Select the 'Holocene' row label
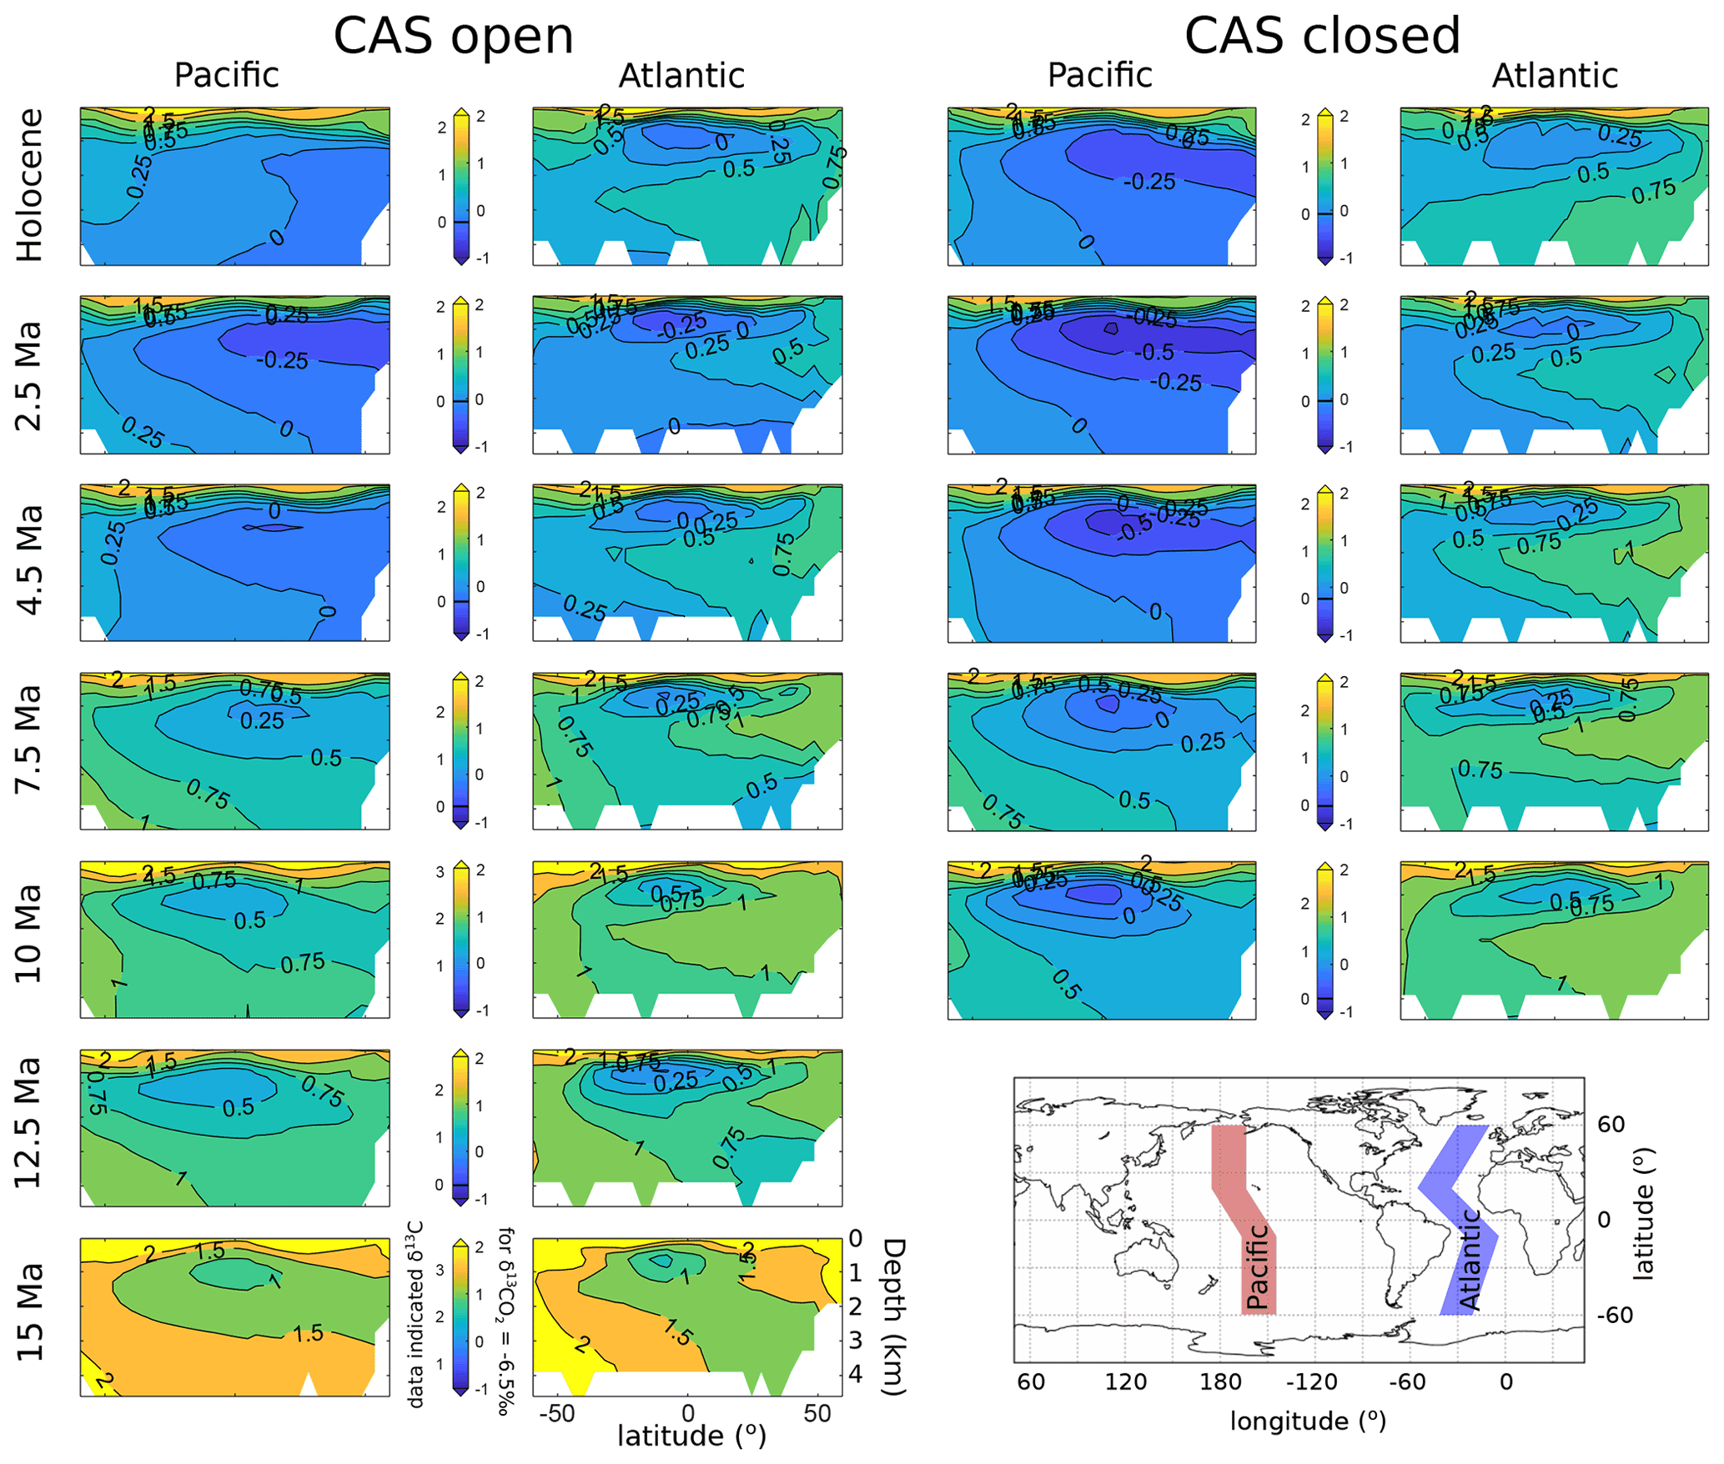(x=29, y=185)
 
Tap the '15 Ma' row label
(x=29, y=1313)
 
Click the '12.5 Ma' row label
(x=29, y=1123)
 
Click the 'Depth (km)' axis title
(x=893, y=1316)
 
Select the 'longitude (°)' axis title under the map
(x=1307, y=1421)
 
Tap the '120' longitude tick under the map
(x=1125, y=1382)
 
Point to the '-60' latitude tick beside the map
(x=1615, y=1316)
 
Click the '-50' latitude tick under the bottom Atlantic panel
(x=556, y=1414)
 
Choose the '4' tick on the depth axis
(x=855, y=1374)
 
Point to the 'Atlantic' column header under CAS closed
(x=1554, y=76)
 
